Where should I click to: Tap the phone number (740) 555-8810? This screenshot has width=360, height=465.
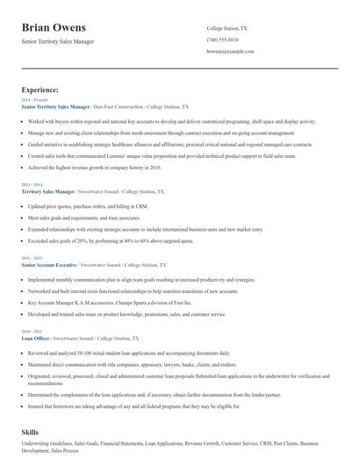pos(224,39)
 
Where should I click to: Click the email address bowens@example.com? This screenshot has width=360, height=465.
pos(230,52)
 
